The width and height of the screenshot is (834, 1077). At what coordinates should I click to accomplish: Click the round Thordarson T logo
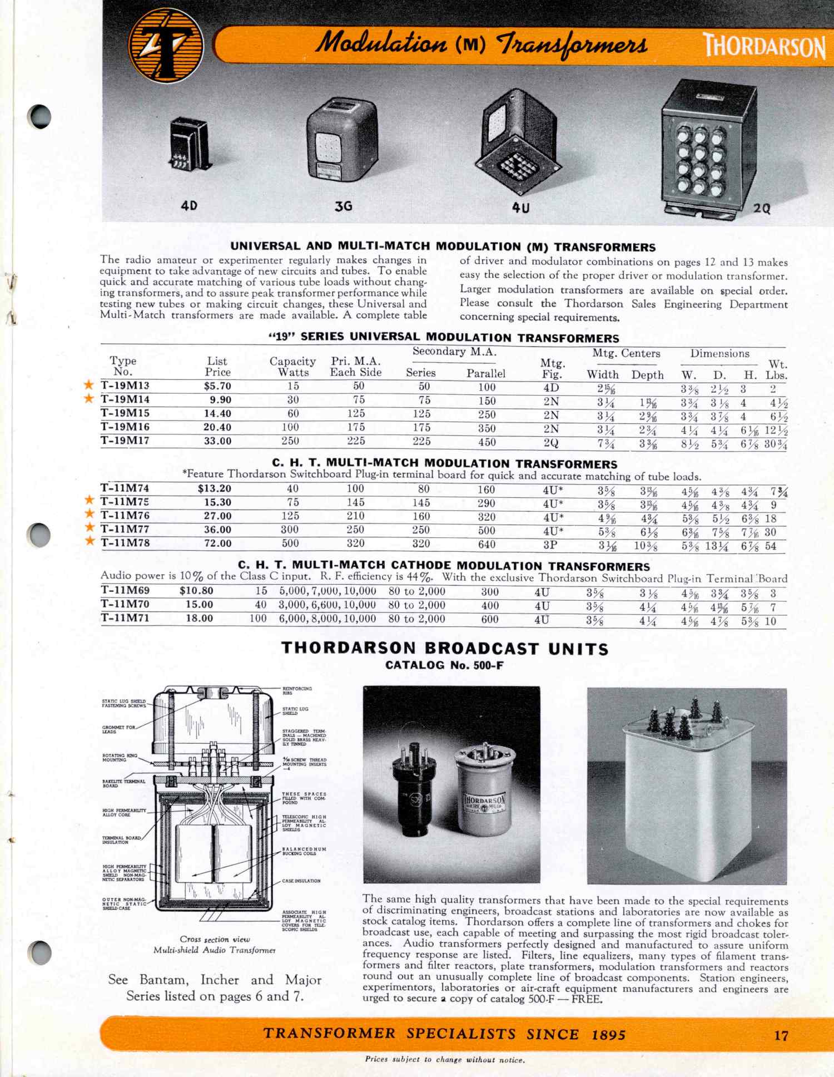tap(165, 45)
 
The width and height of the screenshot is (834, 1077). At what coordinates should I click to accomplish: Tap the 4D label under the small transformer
tap(189, 206)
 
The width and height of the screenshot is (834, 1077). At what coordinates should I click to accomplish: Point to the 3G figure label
tap(343, 206)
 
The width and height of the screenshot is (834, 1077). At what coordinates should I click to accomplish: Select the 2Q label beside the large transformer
tap(762, 209)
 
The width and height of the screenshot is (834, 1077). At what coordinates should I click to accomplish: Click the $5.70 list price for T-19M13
tap(217, 386)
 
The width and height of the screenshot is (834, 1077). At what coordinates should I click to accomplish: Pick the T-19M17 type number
tap(125, 441)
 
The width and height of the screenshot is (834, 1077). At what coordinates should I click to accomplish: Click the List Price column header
tap(217, 367)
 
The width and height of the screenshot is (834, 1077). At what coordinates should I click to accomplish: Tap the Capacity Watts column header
tap(292, 367)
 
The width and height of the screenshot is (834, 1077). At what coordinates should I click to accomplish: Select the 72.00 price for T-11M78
tap(217, 544)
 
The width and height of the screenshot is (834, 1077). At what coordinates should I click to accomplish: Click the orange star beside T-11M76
tap(89, 515)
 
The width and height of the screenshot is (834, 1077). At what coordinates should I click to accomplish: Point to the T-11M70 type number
tap(125, 604)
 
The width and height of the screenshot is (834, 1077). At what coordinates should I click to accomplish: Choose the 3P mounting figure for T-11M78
tap(550, 545)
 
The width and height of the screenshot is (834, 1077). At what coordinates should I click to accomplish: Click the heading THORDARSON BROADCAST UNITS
tap(445, 649)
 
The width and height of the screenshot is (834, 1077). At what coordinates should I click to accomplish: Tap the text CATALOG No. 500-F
tap(445, 665)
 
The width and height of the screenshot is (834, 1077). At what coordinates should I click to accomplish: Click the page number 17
tap(781, 1035)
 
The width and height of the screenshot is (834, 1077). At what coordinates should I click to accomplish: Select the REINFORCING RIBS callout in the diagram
tap(297, 691)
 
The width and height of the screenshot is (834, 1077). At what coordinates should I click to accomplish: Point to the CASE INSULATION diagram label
tap(301, 881)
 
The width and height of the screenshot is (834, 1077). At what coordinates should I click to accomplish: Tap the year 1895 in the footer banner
tap(609, 1035)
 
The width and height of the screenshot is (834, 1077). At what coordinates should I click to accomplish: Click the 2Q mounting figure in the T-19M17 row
tap(551, 443)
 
